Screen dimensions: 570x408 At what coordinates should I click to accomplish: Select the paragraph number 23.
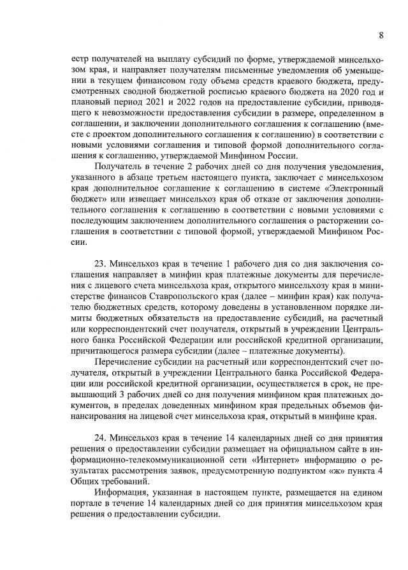(x=103, y=263)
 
